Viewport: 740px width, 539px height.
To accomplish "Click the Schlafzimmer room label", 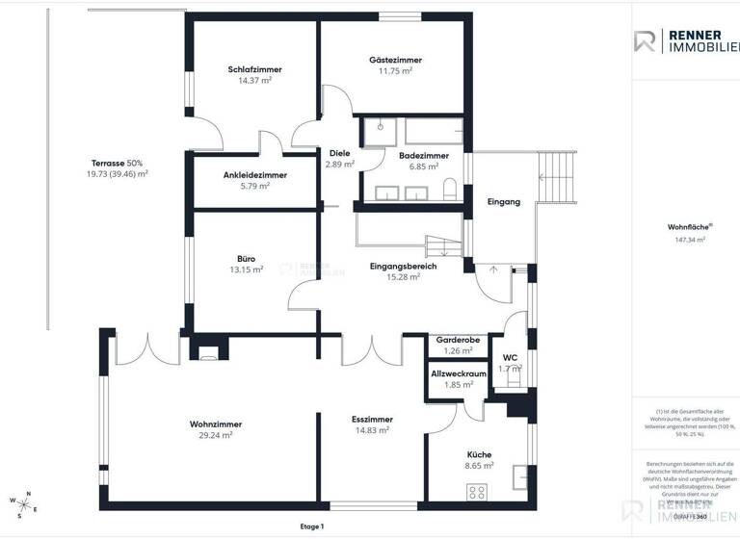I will click(255, 69).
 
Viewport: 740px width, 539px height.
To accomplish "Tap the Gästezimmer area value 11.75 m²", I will click(395, 71).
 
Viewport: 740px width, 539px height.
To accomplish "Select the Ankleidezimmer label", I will click(255, 174).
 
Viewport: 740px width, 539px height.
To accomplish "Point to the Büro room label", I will click(246, 259).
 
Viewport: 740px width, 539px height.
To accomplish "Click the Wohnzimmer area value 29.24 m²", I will click(216, 435).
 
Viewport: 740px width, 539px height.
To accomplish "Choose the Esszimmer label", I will click(370, 419).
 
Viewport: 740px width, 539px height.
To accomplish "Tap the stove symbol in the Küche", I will click(476, 492).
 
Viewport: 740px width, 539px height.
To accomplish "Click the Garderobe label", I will click(459, 340).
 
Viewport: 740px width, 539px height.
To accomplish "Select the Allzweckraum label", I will click(459, 373).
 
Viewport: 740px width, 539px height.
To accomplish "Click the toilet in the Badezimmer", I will click(451, 190).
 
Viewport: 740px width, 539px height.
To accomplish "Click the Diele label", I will click(340, 153).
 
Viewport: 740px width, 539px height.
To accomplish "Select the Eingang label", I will click(504, 202).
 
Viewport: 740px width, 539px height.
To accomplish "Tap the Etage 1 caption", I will click(312, 526).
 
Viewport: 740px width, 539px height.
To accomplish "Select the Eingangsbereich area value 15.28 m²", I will click(403, 277).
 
